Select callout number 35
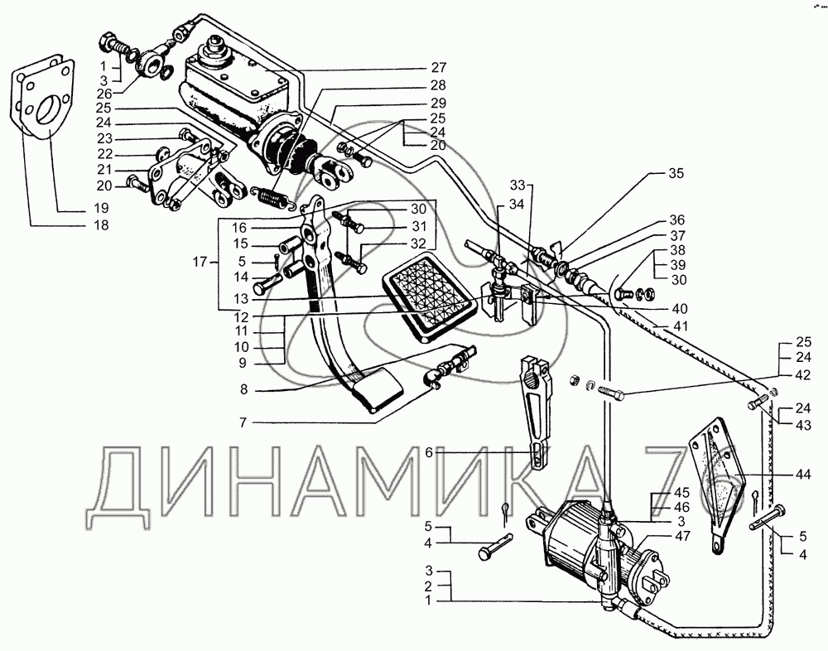[x=677, y=174]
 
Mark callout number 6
[x=430, y=452]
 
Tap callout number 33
[x=517, y=184]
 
